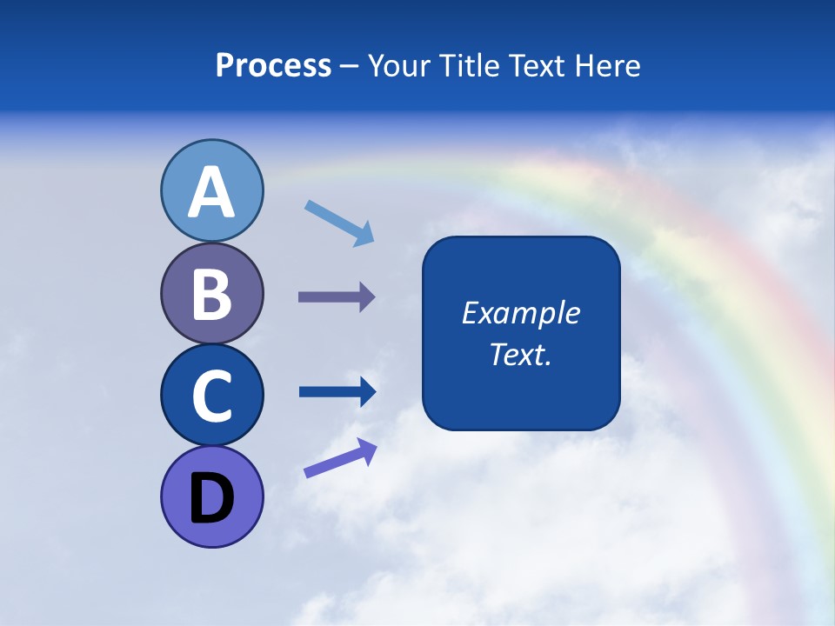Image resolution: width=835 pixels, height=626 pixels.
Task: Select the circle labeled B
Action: tap(211, 294)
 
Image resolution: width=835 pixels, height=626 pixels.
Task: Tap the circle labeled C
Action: tap(211, 395)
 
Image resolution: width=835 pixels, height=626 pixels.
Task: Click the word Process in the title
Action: tap(273, 65)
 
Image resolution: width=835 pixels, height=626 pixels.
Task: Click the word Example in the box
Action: tap(520, 313)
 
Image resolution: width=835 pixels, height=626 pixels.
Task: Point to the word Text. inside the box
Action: tap(520, 354)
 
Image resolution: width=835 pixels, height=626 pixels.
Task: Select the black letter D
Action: tap(211, 500)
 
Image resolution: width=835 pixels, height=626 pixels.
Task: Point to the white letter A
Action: tap(211, 193)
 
